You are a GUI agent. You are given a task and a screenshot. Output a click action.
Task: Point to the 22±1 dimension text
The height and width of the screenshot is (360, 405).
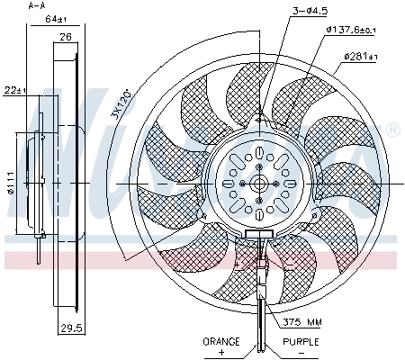pos(13,89)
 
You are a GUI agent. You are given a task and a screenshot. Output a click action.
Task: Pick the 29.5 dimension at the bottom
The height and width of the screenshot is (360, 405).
pos(71,328)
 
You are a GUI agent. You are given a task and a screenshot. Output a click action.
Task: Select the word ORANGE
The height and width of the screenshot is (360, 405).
pos(221,342)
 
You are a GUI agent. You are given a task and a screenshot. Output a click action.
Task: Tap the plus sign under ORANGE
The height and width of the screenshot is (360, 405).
pos(222,353)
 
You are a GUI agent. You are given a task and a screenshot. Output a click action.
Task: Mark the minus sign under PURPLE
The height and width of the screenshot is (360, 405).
pos(300,353)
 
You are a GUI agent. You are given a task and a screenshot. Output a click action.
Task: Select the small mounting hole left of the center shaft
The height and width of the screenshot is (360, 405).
pos(244,184)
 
